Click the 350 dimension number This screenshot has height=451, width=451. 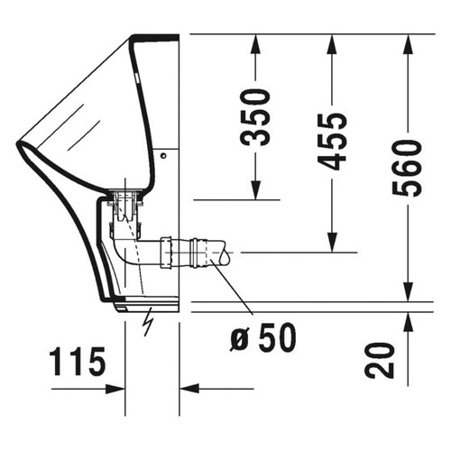pos(258,116)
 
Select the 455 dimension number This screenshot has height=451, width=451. pos(334,142)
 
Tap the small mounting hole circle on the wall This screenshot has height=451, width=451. pos(164,154)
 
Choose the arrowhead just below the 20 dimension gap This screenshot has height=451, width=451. pos(408,318)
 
